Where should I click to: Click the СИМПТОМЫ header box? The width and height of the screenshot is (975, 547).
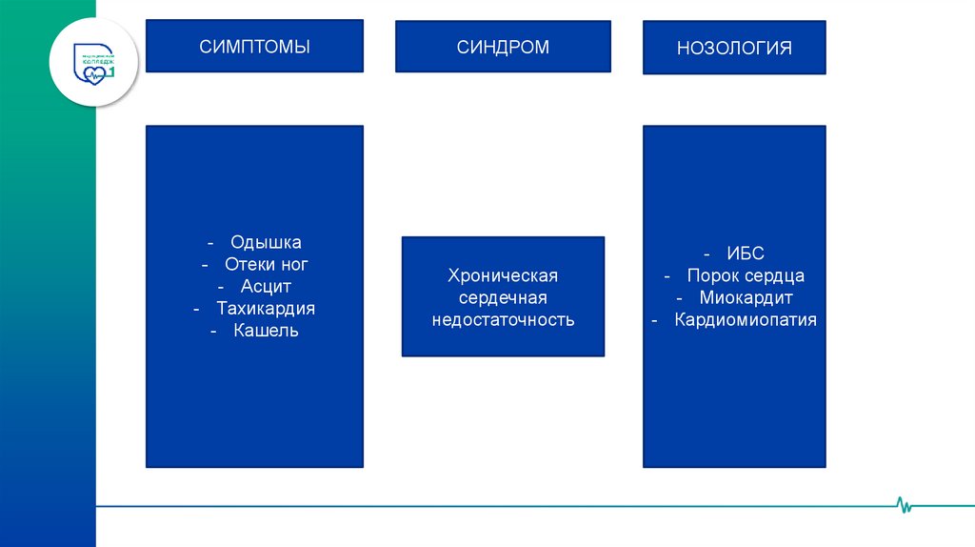(254, 46)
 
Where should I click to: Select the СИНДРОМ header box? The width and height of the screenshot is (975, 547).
(503, 47)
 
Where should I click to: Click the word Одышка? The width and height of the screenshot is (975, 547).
(266, 243)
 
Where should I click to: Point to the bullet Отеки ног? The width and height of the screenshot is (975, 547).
(266, 265)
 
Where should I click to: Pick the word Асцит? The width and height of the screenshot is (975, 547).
(266, 287)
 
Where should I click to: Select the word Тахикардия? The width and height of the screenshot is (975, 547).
(266, 309)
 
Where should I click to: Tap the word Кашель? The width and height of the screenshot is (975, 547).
(266, 331)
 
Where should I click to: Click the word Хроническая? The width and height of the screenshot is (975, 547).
(503, 275)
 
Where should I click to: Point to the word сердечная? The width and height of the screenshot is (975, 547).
(503, 297)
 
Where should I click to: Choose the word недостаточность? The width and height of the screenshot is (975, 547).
(503, 319)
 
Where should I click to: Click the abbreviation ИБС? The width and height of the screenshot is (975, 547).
(746, 253)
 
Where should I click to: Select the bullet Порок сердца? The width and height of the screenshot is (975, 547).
(746, 275)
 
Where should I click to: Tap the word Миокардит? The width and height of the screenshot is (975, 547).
(746, 297)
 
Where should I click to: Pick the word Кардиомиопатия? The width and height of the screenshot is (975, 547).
(746, 319)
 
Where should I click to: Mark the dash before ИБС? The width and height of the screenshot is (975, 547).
(706, 253)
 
